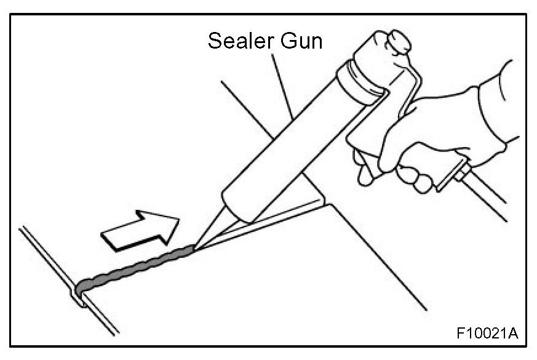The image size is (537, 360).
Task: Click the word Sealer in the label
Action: [x=241, y=42]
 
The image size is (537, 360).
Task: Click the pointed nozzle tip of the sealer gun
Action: [x=196, y=247]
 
